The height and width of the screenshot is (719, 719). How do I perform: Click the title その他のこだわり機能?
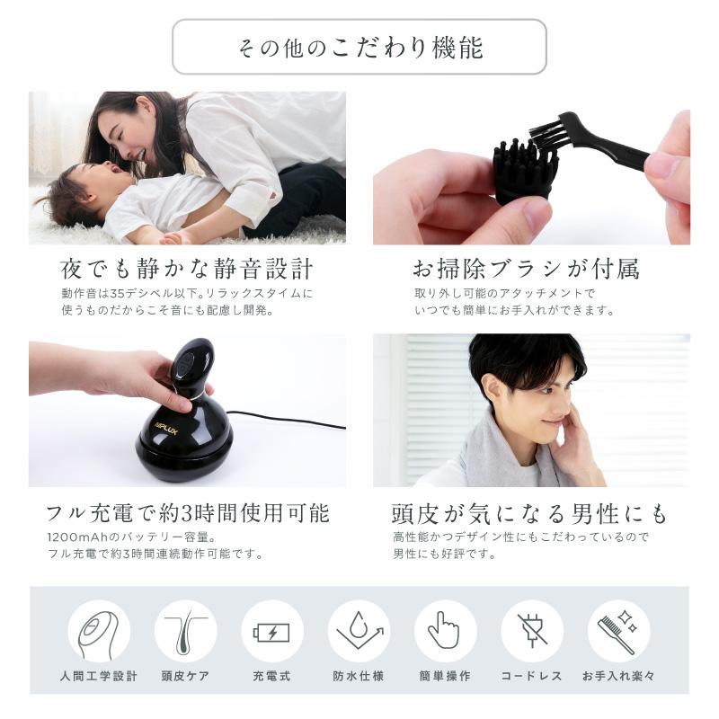359,47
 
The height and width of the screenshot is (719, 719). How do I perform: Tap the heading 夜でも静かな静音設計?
186,269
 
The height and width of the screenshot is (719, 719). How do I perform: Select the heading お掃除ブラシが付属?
526,269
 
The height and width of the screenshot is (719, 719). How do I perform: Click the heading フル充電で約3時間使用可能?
187,513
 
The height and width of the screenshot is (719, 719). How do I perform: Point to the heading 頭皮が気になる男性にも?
530,513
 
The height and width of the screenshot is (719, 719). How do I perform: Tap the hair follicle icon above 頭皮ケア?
185,631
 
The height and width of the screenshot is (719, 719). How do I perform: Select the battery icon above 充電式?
271,631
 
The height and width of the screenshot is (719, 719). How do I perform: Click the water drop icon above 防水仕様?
359,631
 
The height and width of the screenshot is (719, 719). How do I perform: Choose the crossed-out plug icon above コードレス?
532,631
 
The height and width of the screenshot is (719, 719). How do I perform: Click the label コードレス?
532,676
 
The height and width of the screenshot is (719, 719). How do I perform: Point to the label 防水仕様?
359,676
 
